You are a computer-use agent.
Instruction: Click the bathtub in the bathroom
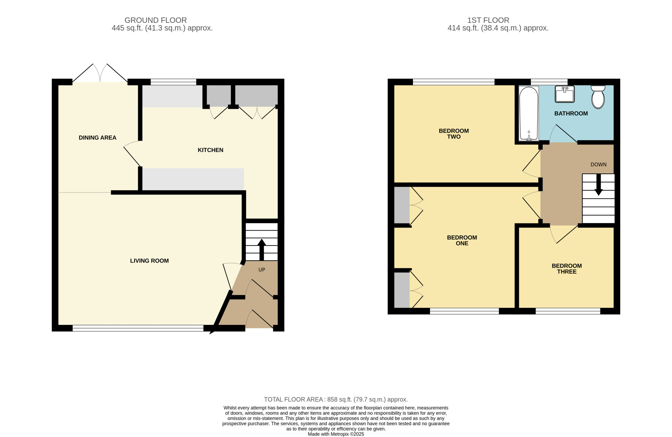[x=529, y=113]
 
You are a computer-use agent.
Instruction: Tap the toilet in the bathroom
[x=598, y=97]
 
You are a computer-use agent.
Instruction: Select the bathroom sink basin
[x=564, y=94]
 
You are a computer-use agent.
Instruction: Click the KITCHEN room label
[x=210, y=150]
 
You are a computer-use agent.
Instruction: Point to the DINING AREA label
[x=97, y=138]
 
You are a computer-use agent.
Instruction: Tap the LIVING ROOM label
[x=149, y=261]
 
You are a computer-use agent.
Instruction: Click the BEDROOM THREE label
[x=567, y=269]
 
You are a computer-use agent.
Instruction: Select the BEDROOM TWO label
[x=454, y=134]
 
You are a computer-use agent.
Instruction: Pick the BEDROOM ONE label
[x=462, y=240]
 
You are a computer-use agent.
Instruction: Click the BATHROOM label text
[x=571, y=113]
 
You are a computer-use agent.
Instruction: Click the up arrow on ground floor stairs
[x=261, y=250]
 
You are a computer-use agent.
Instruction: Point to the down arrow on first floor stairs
[x=598, y=185]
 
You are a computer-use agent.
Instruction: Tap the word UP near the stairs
[x=262, y=270]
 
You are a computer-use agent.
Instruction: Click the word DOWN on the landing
[x=598, y=164]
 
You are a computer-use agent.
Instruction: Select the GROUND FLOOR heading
[x=156, y=20]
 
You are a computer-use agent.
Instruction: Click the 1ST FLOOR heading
[x=488, y=20]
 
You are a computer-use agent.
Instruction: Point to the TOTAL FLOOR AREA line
[x=336, y=399]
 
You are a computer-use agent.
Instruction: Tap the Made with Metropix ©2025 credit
[x=336, y=434]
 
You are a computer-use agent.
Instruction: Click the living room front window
[x=138, y=328]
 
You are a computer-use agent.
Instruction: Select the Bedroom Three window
[x=568, y=311]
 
